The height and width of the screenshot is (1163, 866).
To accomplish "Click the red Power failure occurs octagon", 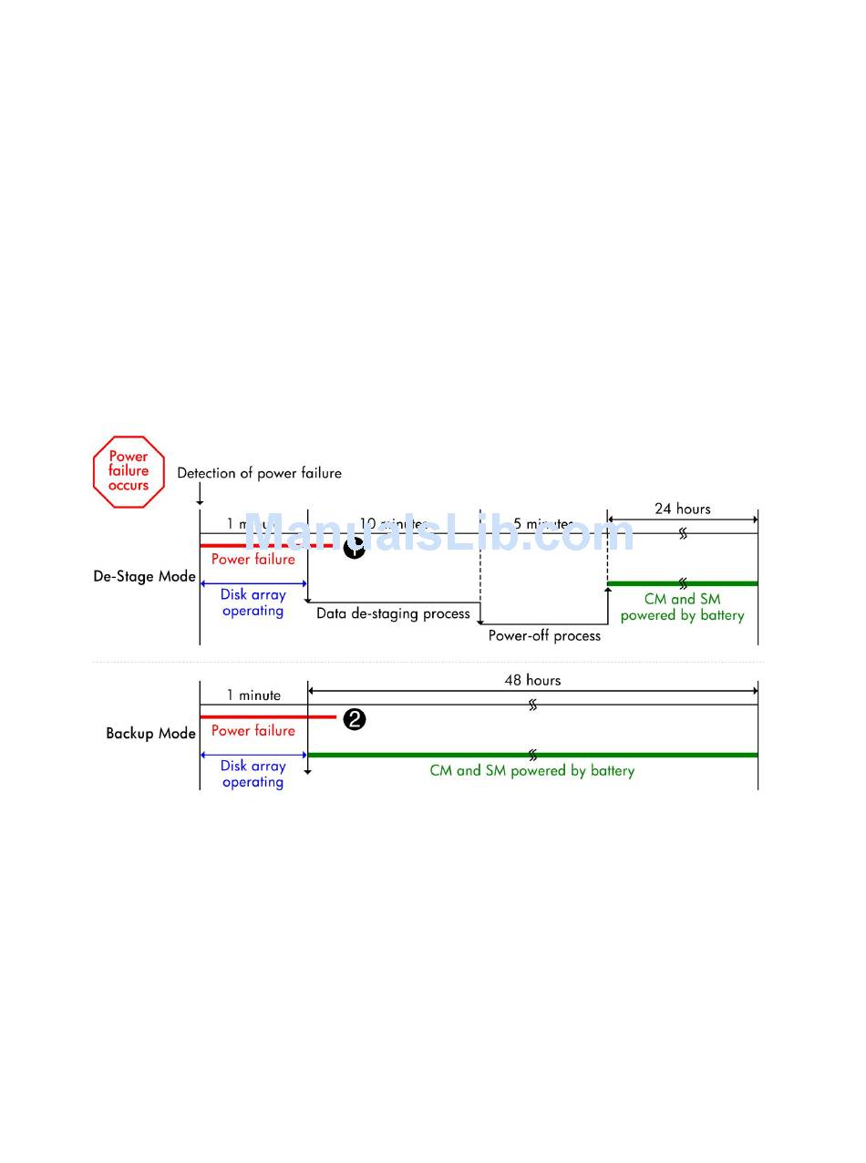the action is click(129, 471).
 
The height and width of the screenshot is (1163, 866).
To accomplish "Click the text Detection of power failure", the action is click(259, 473).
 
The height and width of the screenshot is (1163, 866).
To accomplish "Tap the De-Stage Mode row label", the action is click(144, 576).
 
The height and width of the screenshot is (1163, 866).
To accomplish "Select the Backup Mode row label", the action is click(150, 733).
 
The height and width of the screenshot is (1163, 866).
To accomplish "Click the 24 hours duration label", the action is click(682, 509).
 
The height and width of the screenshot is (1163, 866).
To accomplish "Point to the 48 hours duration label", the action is click(532, 680).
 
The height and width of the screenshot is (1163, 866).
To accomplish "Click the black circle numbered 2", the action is click(355, 719).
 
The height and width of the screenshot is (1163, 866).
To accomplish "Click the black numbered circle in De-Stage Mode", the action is click(354, 548).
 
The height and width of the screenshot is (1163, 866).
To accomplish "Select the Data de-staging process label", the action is click(393, 613).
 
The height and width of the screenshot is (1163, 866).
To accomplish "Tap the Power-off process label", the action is click(544, 635).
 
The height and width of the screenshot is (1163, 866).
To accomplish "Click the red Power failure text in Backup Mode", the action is click(253, 730).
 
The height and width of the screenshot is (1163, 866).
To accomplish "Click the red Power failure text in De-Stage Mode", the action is click(253, 559).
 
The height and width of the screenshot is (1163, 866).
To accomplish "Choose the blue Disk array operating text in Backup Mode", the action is click(253, 774).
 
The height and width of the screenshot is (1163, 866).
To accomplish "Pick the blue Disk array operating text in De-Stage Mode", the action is click(253, 602).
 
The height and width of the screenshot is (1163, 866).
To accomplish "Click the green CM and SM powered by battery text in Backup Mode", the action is click(531, 770).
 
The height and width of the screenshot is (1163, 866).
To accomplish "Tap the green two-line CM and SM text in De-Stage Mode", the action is click(682, 607).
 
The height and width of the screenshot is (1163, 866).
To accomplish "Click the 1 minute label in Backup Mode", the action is click(253, 695).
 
